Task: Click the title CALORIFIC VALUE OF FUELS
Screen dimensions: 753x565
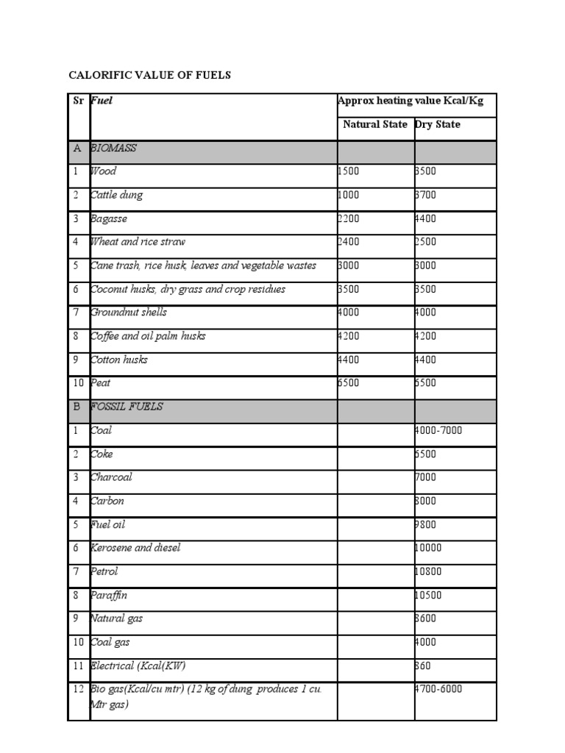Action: point(150,75)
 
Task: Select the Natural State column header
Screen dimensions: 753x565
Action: point(375,124)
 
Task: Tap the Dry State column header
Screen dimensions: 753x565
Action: point(438,124)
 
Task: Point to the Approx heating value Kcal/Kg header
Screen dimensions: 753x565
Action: point(411,101)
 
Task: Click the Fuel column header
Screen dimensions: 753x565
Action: point(102,101)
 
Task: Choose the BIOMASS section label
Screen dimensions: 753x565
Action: point(114,148)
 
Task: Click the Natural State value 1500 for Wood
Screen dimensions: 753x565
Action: point(350,171)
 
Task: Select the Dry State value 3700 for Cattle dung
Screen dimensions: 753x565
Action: point(426,195)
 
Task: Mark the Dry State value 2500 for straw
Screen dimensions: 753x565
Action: point(426,242)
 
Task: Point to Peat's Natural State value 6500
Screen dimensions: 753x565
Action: point(350,383)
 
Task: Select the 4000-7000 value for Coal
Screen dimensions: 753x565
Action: point(438,430)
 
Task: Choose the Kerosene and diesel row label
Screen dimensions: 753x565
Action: point(135,548)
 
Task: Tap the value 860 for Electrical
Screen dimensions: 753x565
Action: point(423,665)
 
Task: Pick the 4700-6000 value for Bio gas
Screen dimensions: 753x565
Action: point(438,689)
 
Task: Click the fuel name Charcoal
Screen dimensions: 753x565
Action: point(111,477)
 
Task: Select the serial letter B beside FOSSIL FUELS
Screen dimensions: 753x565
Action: point(77,407)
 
